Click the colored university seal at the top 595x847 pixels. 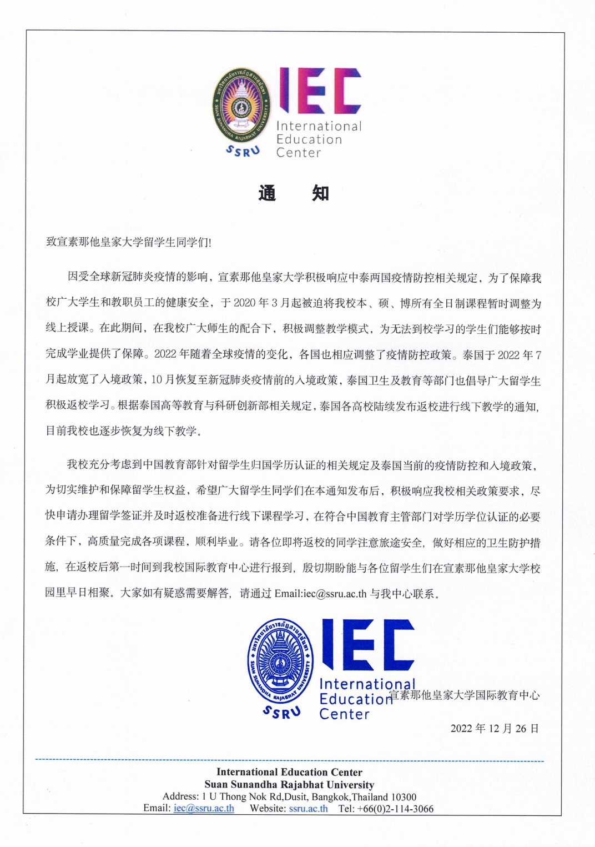tap(241, 106)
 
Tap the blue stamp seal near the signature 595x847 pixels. tap(280, 661)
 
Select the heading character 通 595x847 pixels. tap(267, 193)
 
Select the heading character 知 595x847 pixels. tap(320, 193)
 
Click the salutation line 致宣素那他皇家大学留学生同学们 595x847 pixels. tap(128, 242)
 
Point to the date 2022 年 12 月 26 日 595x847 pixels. tap(494, 729)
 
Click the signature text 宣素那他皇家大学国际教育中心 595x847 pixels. tap(464, 695)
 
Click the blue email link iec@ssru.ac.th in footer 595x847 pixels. tap(204, 809)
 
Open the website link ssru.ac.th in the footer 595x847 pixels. tap(308, 809)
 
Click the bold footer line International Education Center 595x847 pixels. tap(289, 772)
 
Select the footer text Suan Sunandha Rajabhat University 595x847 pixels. tap(289, 785)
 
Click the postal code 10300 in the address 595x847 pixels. tap(404, 797)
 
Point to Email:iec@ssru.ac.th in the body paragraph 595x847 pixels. tap(320, 594)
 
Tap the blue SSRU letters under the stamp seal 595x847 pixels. tap(281, 712)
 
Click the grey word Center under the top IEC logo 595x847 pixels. tap(299, 153)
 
